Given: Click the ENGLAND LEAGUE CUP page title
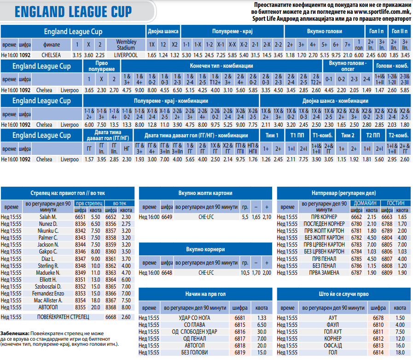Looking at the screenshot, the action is (73, 12).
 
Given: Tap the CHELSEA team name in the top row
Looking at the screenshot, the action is (51, 55).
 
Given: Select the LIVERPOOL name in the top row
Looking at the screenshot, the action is (126, 55).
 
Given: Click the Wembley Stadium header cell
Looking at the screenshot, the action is (126, 45).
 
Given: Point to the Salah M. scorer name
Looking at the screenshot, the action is (48, 217).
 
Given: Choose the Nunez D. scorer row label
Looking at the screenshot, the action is (48, 224).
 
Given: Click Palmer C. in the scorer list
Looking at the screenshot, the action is (48, 238).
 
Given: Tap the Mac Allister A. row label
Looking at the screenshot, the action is (48, 301).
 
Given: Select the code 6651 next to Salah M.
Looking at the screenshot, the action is (80, 217).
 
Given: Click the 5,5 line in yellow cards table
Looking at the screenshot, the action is (245, 217).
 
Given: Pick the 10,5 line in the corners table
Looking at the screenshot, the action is (245, 273).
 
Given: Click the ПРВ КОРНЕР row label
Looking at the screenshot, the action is (324, 217).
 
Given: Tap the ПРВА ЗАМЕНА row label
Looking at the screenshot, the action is (324, 273).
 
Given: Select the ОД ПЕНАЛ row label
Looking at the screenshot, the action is (195, 339).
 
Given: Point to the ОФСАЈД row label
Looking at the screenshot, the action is (333, 346).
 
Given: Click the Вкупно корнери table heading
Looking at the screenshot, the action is (205, 249).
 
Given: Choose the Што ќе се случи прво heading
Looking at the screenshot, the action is (344, 294).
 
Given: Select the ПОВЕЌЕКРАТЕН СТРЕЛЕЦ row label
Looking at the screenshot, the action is (63, 317).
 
